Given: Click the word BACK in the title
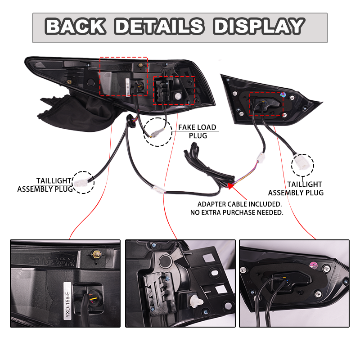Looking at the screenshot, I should [x=75, y=27].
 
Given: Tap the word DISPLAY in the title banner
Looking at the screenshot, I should [x=258, y=27].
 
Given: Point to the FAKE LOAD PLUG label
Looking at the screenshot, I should [x=197, y=131].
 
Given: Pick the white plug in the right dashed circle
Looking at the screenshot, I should [x=302, y=163].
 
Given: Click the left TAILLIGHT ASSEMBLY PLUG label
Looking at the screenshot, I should [x=45, y=185].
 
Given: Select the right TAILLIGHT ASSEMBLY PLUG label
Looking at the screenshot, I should [x=296, y=188].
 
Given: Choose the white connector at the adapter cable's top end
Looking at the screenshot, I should [x=260, y=158].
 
